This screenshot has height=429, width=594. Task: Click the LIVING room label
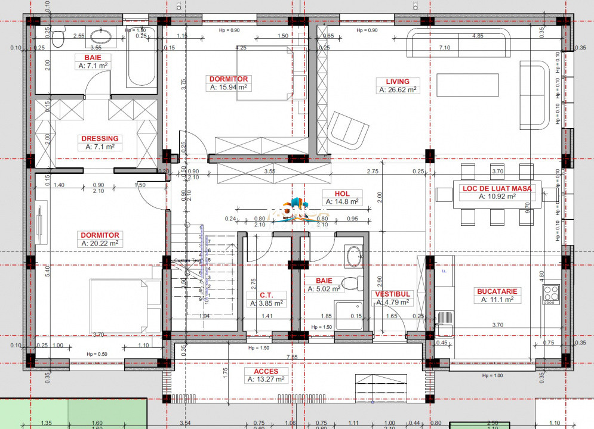coord(397,82)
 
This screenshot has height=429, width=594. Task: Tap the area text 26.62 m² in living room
coord(397,90)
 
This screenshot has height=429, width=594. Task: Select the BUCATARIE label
coord(497,291)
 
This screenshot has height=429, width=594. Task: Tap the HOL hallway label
coord(342,194)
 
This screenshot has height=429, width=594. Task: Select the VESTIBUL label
coord(392,294)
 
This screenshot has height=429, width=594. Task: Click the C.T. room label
coord(266,295)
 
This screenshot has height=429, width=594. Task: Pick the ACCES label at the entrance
coord(265,371)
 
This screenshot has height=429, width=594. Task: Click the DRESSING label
coord(100,139)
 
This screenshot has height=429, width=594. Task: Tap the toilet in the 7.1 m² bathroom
coord(58,38)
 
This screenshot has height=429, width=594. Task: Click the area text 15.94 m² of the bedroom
coord(228,87)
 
